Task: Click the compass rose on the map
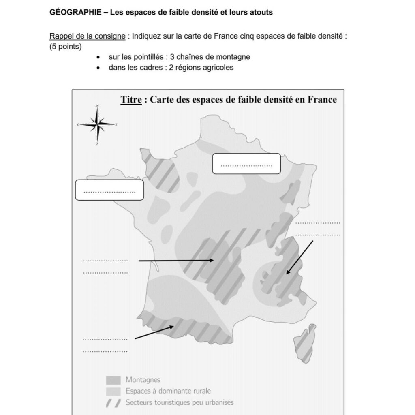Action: [x=97, y=124]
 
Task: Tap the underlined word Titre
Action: [x=130, y=100]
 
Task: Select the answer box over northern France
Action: [x=246, y=164]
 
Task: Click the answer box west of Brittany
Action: [x=110, y=190]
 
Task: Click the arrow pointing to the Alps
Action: [x=299, y=257]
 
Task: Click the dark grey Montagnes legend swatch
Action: [x=113, y=380]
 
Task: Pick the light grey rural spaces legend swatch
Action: [x=113, y=391]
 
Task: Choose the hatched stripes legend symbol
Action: [x=113, y=403]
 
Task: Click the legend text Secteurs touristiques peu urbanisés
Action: [x=180, y=403]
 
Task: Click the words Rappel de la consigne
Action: [x=87, y=36]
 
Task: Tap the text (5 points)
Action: [x=65, y=47]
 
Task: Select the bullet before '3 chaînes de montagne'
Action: [x=98, y=57]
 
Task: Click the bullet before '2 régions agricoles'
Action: [x=98, y=68]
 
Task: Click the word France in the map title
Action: [x=322, y=100]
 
